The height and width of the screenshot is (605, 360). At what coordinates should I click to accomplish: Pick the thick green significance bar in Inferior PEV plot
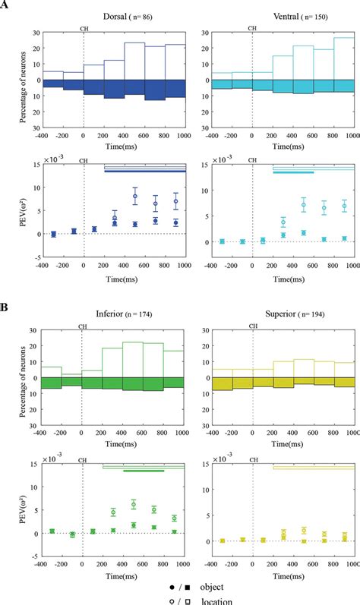133,471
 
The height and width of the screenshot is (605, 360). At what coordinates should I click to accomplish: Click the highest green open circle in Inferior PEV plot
134,504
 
